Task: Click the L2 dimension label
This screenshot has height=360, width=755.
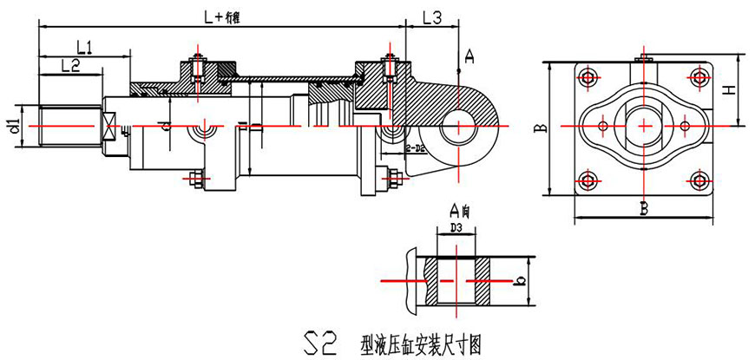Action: point(71,66)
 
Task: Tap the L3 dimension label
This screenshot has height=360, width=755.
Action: point(431,17)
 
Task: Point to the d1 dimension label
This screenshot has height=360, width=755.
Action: point(14,125)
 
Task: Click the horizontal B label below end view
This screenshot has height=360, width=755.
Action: point(644,208)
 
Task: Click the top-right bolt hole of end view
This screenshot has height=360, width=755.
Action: point(699,77)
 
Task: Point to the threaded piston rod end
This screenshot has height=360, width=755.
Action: point(68,127)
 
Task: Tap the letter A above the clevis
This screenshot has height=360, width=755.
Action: point(469,57)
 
